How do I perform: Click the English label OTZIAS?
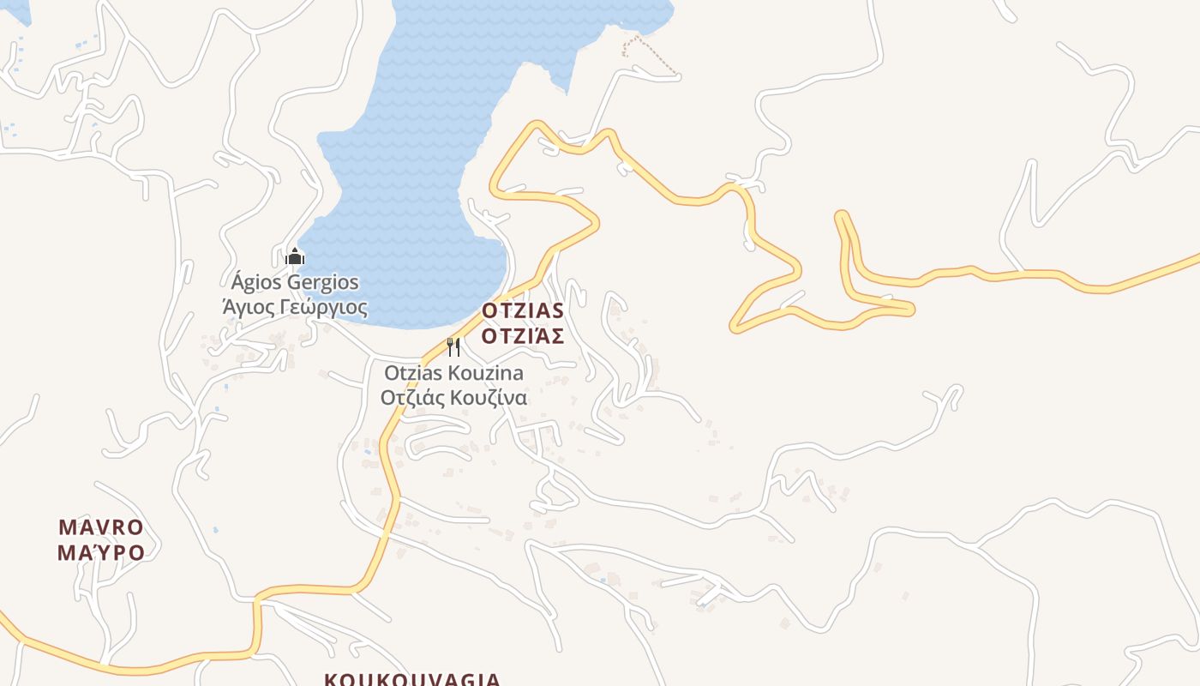(x=522, y=310)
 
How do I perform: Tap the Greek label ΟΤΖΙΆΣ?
(x=522, y=335)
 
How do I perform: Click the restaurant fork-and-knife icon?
(x=453, y=346)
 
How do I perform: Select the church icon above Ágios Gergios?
(x=295, y=256)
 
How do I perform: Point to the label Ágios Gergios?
(x=295, y=282)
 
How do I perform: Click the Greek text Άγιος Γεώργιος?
(x=295, y=307)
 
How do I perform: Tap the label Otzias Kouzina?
(x=453, y=373)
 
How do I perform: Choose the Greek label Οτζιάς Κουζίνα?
(x=453, y=398)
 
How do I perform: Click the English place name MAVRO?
(x=101, y=527)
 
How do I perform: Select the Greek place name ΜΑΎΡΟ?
(x=101, y=552)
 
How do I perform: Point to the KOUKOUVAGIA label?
(x=412, y=680)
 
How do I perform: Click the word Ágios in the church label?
(x=256, y=282)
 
